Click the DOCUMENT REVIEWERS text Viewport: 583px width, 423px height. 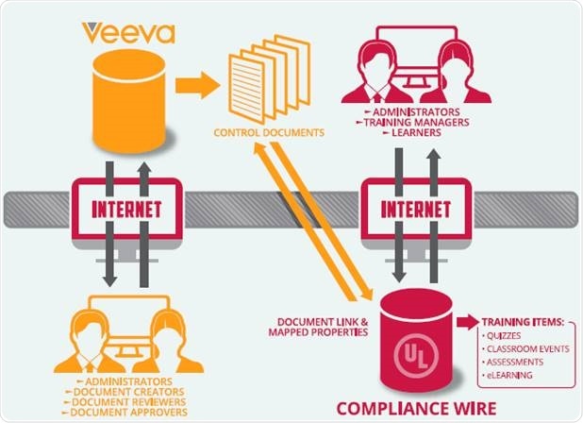[126, 401]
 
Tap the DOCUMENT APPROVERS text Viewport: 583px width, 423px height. [126, 413]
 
